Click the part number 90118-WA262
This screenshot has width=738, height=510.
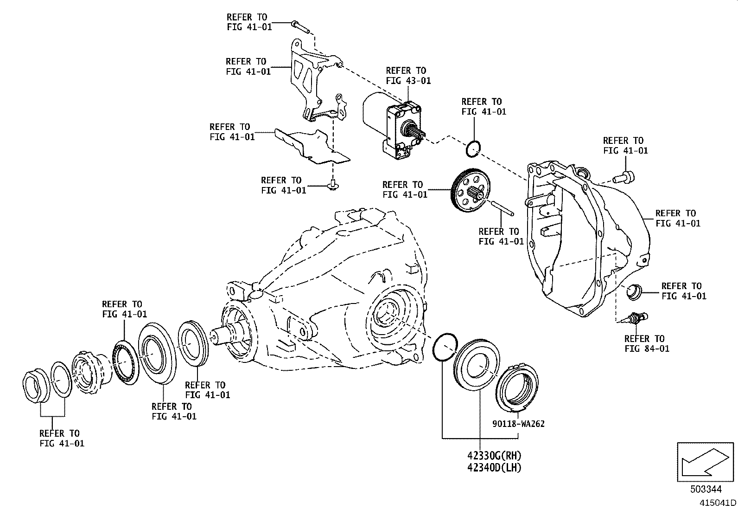point(518,424)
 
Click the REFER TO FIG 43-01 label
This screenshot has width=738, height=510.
point(408,76)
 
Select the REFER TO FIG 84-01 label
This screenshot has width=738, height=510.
point(647,343)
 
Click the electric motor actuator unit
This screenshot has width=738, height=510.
point(394,125)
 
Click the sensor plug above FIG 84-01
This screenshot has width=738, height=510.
point(637,318)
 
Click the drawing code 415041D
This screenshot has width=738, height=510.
point(717,503)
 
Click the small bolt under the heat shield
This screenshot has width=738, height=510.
point(331,185)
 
